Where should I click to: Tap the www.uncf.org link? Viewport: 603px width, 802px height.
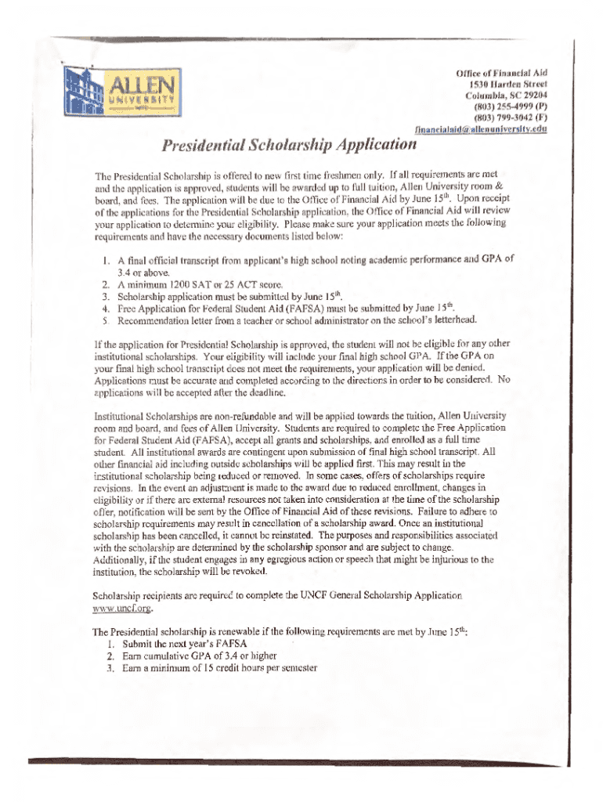click(x=121, y=608)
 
